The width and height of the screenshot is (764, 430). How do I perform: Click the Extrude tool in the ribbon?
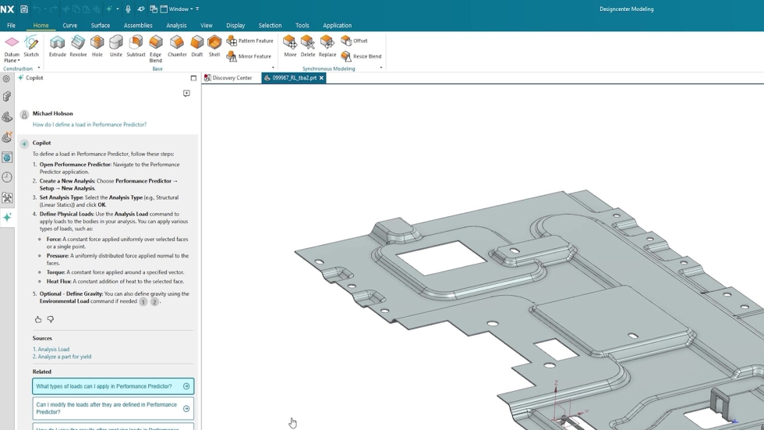58,46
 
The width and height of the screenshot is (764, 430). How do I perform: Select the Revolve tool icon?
78,46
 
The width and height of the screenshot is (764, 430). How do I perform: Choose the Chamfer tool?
177,46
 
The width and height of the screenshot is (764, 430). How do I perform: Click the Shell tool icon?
214,46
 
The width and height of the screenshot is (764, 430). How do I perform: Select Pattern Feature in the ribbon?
250,41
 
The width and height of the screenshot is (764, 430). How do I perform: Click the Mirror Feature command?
249,56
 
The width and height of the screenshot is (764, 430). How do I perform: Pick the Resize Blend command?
362,56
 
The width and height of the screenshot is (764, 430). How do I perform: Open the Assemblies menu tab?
138,25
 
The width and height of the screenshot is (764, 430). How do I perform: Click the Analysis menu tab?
176,25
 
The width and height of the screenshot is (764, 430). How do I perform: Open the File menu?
11,25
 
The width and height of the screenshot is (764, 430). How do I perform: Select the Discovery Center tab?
232,78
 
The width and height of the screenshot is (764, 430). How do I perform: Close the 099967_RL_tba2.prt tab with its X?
321,78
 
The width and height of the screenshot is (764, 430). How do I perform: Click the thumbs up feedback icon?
38,319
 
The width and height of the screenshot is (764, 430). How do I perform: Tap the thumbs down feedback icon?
51,319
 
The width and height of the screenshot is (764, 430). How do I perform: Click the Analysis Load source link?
53,349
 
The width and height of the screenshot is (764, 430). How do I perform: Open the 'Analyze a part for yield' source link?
64,357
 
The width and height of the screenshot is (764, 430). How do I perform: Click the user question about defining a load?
90,124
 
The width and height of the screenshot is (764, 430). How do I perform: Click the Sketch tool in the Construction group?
31,46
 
